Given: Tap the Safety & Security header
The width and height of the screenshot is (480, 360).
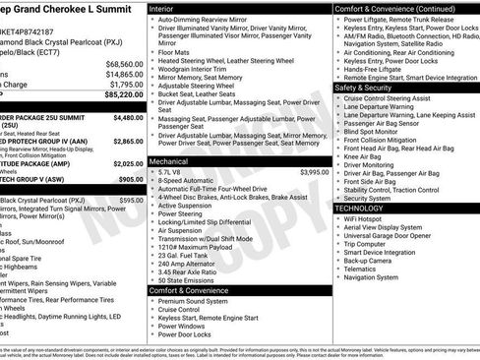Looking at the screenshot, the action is click(372, 87).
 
